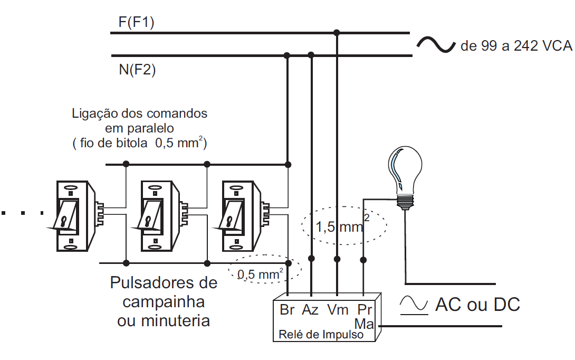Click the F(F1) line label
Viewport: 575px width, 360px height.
137,23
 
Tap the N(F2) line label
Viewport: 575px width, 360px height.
138,69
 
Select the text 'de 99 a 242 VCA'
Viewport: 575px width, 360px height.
516,46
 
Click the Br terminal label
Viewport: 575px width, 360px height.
287,310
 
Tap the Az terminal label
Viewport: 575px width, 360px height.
311,310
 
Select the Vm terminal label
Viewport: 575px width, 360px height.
337,310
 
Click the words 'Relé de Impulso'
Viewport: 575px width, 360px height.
321,334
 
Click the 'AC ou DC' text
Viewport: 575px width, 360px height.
477,304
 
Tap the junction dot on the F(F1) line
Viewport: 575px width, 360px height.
337,33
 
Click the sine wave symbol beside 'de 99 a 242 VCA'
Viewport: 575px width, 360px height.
435,45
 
